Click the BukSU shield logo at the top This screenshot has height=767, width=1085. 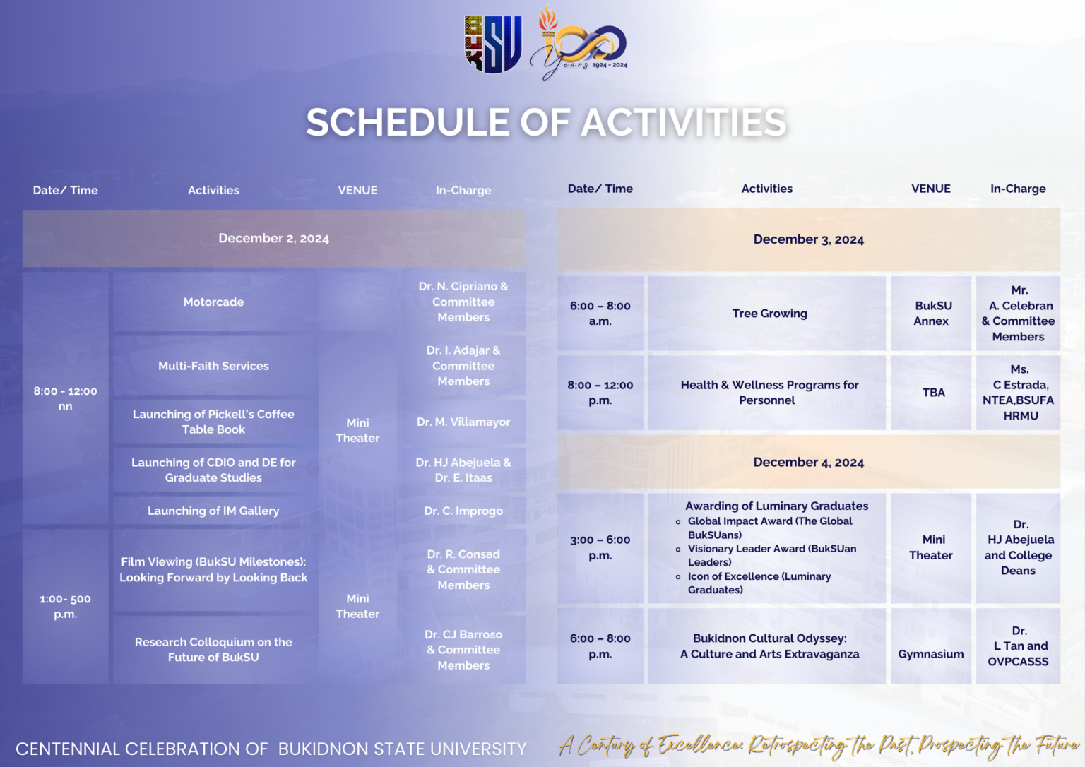pos(493,44)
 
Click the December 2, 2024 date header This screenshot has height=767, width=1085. pos(273,239)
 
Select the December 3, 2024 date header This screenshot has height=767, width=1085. pos(808,239)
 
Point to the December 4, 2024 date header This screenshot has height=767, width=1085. pos(808,463)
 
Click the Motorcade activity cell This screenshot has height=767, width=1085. pos(213,302)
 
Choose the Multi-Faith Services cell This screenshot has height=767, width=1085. pos(213,366)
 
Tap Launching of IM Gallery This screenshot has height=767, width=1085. pos(213,511)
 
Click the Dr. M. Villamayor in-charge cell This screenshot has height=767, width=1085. pos(463,422)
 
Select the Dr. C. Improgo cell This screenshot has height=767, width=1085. pos(463,511)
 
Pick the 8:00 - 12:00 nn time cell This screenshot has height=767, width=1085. pos(65,398)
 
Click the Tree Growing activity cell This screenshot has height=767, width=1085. pos(769,314)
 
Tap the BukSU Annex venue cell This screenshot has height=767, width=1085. pos(932,314)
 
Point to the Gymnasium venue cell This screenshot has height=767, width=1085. pos(930,654)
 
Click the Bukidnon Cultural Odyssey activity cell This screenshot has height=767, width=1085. pos(769,646)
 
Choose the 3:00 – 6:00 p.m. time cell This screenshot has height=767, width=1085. pos(600,547)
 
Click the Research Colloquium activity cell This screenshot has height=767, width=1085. pos(213,649)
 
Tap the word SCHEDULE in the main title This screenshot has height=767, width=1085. pos(408,122)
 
